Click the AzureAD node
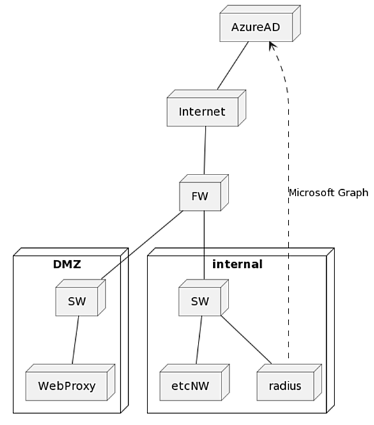pyautogui.click(x=260, y=24)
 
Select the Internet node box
pyautogui.click(x=206, y=108)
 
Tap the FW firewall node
pyautogui.click(x=204, y=193)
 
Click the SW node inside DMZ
pyautogui.click(x=80, y=298)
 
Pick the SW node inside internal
pyautogui.click(x=204, y=298)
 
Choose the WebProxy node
pyautogui.click(x=70, y=382)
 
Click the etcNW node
pyautogui.click(x=195, y=382)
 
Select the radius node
pyautogui.click(x=289, y=382)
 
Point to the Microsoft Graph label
pyautogui.click(x=329, y=193)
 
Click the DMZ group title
pyautogui.click(x=67, y=265)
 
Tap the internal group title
pyautogui.click(x=237, y=265)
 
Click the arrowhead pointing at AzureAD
pyautogui.click(x=273, y=46)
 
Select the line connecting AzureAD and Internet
pyautogui.click(x=233, y=66)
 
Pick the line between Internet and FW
pyautogui.click(x=205, y=150)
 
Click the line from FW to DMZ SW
pyautogui.click(x=142, y=245)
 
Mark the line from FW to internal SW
pyautogui.click(x=204, y=245)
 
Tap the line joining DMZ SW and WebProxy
pyautogui.click(x=75, y=340)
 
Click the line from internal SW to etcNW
pyautogui.click(x=199, y=340)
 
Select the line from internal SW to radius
pyautogui.click(x=246, y=340)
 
